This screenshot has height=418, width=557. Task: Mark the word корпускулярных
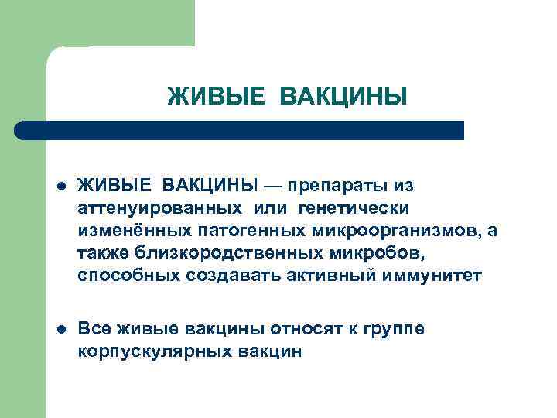[145, 352]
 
